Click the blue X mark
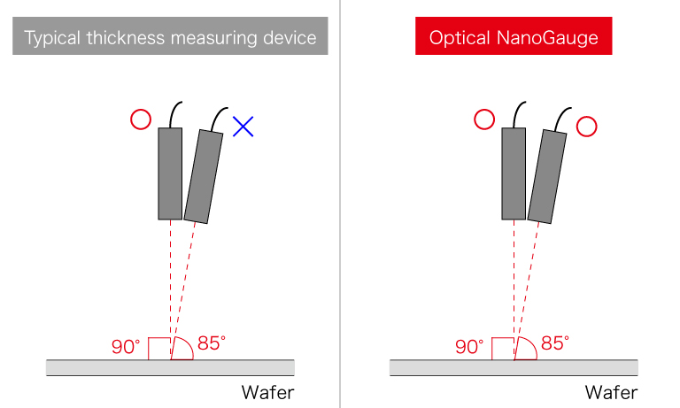pos(243,127)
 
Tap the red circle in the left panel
pos(140,119)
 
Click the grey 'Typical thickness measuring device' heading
pos(170,38)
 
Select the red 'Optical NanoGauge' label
pos(514,38)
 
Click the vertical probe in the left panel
pos(170,173)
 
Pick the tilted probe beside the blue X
pos(205,176)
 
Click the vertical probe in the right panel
pos(514,173)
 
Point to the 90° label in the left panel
pos(126,347)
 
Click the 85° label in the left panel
pos(212,343)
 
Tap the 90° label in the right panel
pos(469,347)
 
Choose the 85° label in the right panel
pos(555,343)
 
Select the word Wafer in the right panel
pos(610,392)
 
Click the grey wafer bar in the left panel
pos(170,367)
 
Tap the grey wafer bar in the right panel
pos(514,367)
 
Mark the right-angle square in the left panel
pos(159,349)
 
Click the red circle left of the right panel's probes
pos(483,119)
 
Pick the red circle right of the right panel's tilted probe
pos(585,127)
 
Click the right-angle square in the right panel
pos(503,349)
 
